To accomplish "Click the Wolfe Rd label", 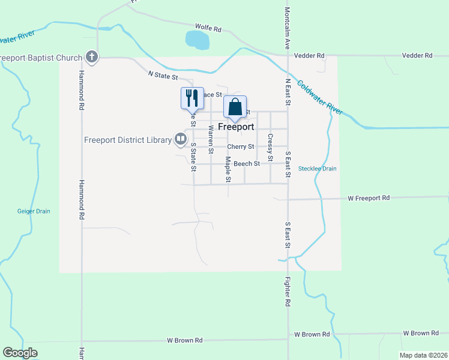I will [x=208, y=28].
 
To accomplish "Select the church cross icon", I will [x=91, y=58].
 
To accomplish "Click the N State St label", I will [x=163, y=76].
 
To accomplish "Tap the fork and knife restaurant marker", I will [x=192, y=98].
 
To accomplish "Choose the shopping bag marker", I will [x=235, y=108].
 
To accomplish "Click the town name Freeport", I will [x=236, y=127].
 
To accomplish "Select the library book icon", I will [x=180, y=140].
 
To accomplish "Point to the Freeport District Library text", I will [x=128, y=140].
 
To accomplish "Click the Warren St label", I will [x=211, y=137].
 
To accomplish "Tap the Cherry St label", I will [x=241, y=146].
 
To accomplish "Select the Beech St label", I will [x=247, y=163].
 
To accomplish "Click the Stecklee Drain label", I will [x=318, y=169].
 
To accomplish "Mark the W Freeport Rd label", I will [x=369, y=197].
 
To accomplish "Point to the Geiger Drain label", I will [x=34, y=211].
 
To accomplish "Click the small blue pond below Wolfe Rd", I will [x=197, y=40].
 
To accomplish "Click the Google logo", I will [x=20, y=353].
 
